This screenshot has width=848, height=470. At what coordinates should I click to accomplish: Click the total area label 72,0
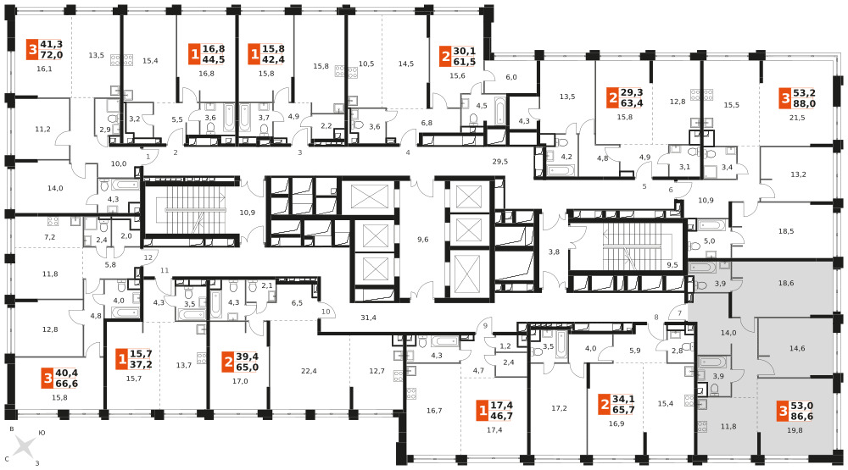click(52, 54)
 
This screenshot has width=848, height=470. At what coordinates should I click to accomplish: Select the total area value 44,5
click(214, 59)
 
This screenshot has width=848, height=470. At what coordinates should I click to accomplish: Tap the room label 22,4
click(309, 371)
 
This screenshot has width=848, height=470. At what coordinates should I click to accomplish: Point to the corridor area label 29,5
click(500, 161)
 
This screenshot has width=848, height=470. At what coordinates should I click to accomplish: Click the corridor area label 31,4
click(368, 318)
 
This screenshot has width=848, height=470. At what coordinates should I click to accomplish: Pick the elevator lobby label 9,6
click(423, 240)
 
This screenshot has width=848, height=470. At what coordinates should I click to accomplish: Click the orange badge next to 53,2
click(785, 98)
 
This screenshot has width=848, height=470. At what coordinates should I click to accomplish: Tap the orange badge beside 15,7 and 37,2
click(122, 359)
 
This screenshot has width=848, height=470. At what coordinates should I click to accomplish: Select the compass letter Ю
click(42, 433)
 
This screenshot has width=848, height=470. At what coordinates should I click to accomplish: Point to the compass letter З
click(37, 463)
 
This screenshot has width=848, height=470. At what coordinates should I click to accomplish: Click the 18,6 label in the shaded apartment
click(786, 283)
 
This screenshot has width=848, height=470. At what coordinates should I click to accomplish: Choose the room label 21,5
click(797, 117)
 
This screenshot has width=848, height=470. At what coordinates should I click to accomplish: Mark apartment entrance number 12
click(148, 257)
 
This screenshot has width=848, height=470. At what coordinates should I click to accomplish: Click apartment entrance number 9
click(485, 325)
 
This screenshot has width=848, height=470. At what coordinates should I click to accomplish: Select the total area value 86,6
click(802, 417)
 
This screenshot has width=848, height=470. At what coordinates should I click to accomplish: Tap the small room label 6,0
click(511, 77)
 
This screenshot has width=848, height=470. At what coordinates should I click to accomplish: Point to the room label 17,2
click(559, 408)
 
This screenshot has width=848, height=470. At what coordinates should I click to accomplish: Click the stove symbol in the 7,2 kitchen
click(53, 220)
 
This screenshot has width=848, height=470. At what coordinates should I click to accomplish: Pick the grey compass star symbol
click(24, 448)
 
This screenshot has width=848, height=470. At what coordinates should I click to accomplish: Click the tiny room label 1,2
click(505, 346)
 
